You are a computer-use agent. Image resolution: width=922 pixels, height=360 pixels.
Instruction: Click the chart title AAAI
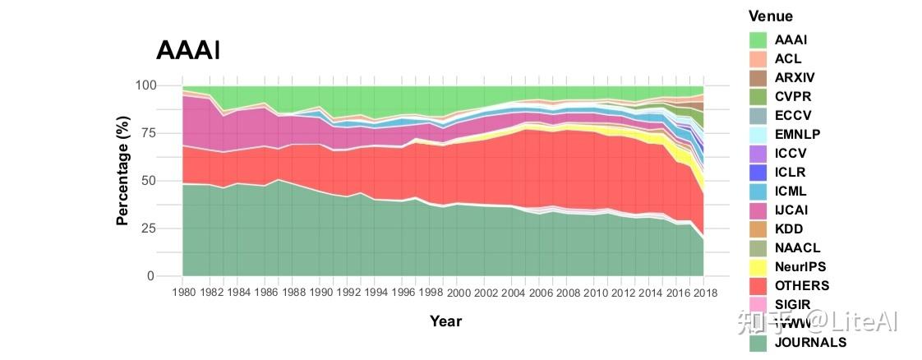coord(188,50)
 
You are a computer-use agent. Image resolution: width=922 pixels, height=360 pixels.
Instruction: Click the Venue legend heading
coord(771,16)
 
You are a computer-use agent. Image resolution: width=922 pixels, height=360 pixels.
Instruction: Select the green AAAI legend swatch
coord(758,39)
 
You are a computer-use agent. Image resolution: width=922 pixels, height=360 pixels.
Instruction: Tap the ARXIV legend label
coord(795,77)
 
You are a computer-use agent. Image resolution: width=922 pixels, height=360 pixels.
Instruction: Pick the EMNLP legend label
coord(797,134)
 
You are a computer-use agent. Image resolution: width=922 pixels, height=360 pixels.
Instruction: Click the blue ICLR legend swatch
coord(758,173)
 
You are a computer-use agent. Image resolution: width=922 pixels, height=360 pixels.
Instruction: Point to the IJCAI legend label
coord(791,210)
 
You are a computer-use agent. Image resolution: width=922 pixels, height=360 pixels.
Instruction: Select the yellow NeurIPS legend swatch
coord(758,267)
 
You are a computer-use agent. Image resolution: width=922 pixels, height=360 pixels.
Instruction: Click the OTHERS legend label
coord(802,286)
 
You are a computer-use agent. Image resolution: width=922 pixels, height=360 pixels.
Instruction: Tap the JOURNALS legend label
coord(810,343)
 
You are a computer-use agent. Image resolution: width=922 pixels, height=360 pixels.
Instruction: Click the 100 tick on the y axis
coord(145,85)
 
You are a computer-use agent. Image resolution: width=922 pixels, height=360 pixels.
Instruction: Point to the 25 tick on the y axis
coord(148,228)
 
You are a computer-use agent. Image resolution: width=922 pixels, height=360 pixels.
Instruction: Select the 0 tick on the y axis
coord(151,276)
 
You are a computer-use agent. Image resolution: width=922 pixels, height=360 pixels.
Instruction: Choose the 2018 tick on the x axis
coord(704,293)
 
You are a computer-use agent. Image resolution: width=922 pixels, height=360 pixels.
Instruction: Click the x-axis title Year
coord(445,321)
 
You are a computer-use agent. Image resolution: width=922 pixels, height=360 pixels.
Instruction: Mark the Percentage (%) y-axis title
coord(123,181)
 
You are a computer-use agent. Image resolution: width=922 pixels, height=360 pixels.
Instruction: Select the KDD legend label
coord(789,229)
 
